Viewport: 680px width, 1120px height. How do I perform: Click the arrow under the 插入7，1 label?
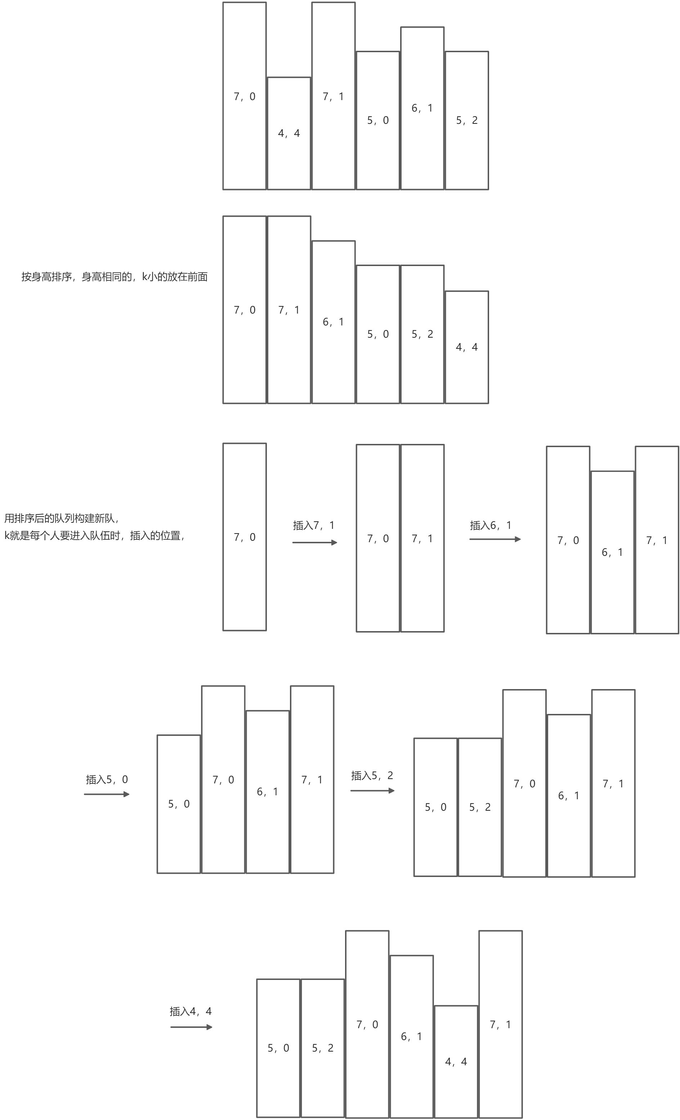click(314, 542)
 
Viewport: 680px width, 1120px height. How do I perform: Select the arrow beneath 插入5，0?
click(107, 794)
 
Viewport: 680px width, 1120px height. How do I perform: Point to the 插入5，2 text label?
click(372, 775)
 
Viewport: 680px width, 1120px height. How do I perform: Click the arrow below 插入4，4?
click(191, 1027)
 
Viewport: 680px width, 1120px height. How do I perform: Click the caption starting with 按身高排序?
click(114, 277)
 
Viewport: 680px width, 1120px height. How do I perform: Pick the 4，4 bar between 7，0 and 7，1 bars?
click(289, 133)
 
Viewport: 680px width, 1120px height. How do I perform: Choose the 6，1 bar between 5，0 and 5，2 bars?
click(422, 108)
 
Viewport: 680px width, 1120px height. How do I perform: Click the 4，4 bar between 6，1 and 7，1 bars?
click(456, 1061)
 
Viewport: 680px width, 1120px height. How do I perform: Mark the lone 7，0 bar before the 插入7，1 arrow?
click(244, 537)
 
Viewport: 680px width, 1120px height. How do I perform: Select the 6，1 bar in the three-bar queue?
click(612, 552)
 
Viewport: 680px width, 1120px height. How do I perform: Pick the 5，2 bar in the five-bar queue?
click(480, 807)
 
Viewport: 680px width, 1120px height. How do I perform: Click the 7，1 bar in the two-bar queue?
click(422, 539)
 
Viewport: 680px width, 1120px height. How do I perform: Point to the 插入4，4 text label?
click(191, 1011)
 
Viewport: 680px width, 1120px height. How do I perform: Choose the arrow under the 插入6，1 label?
click(495, 539)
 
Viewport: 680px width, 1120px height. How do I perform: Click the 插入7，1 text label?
click(313, 526)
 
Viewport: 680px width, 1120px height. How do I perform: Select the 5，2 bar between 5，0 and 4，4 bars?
click(422, 334)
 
